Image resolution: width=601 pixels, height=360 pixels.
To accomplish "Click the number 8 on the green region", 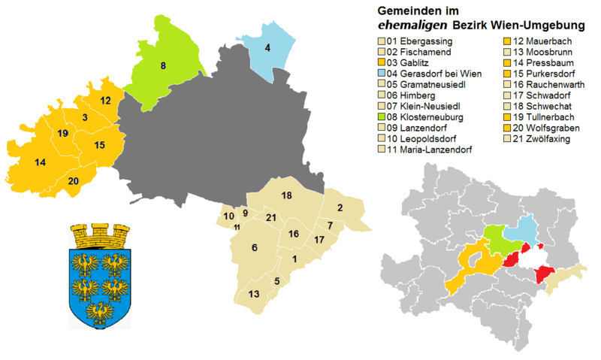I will click(163, 66).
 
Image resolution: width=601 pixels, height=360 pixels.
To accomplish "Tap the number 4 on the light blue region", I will click(267, 49).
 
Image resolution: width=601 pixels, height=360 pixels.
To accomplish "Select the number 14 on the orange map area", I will click(41, 162).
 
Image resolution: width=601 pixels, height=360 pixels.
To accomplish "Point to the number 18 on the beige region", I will click(286, 195).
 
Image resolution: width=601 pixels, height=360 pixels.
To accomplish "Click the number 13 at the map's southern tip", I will click(255, 293).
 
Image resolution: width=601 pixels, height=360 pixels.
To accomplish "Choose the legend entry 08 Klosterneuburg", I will click(424, 118).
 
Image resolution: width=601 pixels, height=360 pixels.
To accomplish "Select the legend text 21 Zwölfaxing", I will click(537, 140).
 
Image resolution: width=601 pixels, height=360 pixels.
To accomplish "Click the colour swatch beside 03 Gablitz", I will click(381, 62).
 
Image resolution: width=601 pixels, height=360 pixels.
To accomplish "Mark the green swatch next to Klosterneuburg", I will click(381, 118).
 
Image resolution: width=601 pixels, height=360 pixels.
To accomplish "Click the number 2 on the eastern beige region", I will click(340, 207).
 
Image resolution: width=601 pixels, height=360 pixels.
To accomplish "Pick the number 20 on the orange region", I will click(73, 180).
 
